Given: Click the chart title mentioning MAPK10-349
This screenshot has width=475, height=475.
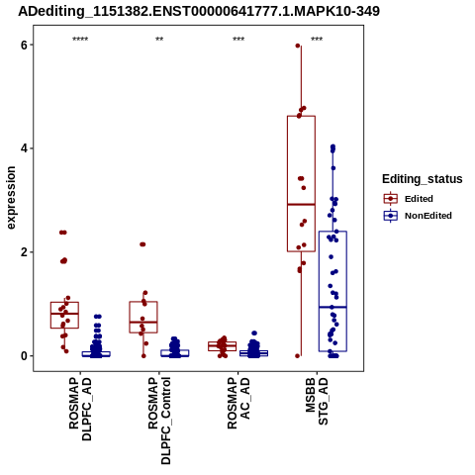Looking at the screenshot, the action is point(199,11).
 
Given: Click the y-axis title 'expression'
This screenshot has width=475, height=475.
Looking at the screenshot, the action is point(11,198).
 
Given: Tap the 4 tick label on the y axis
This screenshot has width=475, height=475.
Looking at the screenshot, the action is point(24,148).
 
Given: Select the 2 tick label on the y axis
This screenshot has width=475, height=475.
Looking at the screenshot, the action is point(24,252).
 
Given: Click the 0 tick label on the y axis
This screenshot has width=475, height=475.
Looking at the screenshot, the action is point(24,356).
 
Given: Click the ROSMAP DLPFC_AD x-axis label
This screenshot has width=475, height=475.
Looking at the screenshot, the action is point(80,409).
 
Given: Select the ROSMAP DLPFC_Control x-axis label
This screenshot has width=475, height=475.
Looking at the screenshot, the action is point(159,421).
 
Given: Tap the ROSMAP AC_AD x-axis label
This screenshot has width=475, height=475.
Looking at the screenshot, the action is point(238,403).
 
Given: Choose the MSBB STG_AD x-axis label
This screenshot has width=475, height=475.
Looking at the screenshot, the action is point(317,401).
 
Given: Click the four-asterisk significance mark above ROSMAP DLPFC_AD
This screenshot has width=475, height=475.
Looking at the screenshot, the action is point(80,40).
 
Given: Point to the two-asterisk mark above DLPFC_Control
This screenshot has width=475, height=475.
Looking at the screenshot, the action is point(159,40).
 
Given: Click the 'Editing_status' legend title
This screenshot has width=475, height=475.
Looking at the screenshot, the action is point(423,179).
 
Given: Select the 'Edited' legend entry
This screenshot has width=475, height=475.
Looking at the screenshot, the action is point(419,199).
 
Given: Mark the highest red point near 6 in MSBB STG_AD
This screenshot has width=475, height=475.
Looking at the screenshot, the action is point(298,46).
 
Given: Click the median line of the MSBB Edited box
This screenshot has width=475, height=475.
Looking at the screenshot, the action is point(301,205).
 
